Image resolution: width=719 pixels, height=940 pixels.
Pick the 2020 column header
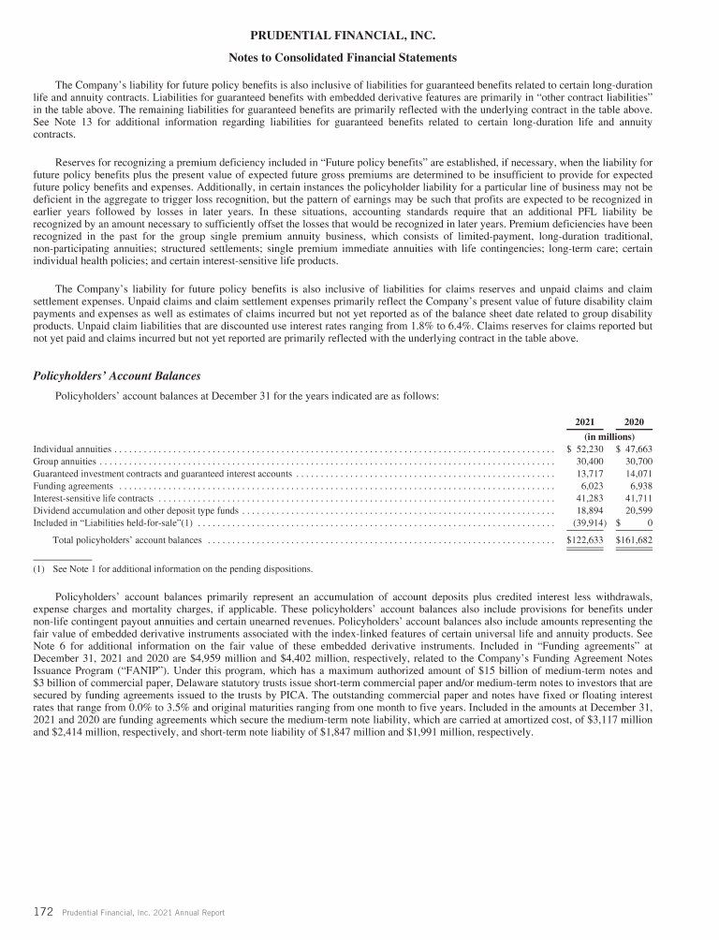tap(634, 422)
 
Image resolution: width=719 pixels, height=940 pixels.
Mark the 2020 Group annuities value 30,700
tap(638, 462)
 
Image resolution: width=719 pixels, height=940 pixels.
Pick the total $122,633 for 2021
tap(585, 540)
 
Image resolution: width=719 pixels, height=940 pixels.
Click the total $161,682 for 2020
tap(634, 540)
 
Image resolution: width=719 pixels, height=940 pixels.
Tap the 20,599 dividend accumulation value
tap(638, 512)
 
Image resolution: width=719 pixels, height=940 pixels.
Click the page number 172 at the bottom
tap(41, 911)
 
